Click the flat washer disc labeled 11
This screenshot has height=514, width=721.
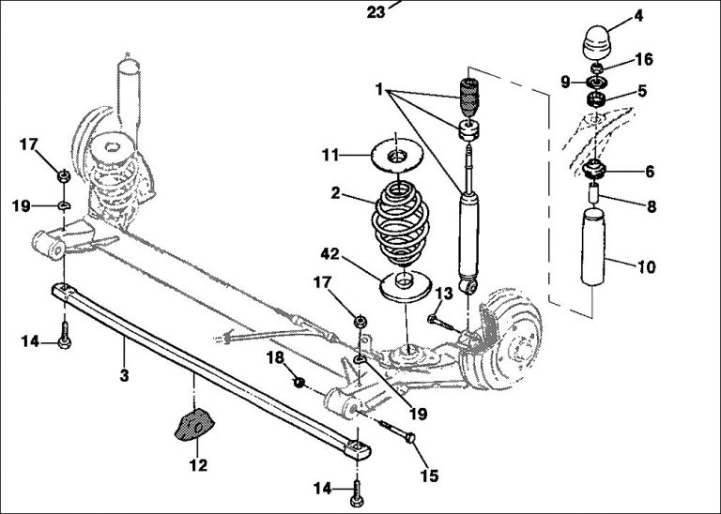coord(398,152)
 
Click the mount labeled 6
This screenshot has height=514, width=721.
coord(594,172)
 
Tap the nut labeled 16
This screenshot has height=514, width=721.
coord(596,68)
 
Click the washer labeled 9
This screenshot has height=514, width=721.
coord(594,83)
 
